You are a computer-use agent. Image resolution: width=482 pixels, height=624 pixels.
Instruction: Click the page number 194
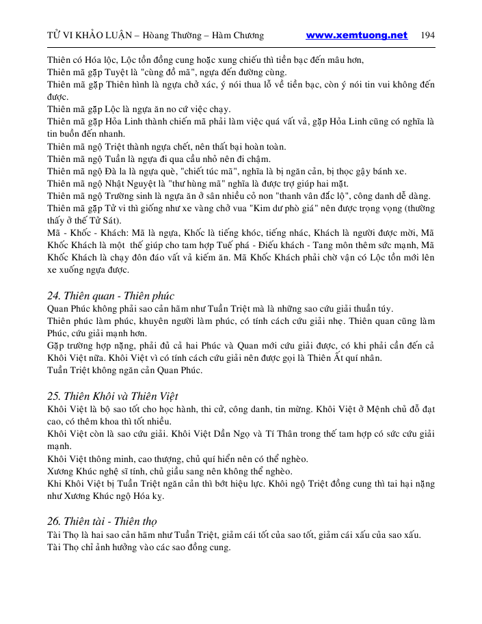pos(429,36)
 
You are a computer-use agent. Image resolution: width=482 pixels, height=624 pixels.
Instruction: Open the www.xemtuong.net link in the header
pos(356,36)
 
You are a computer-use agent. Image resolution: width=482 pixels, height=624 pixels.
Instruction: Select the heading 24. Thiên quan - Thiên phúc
pos(111,296)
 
